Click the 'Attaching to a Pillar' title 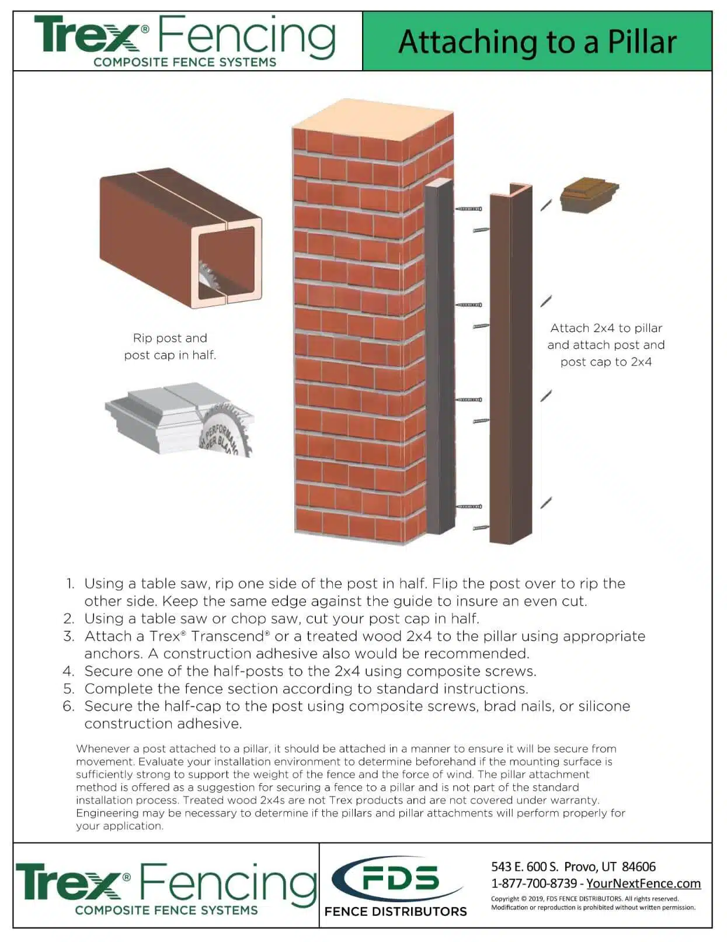pos(537,42)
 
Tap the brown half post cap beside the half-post pos(588,195)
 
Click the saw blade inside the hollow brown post pos(208,275)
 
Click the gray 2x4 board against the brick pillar pos(439,356)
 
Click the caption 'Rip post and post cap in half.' pos(170,346)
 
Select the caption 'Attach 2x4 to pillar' pos(606,328)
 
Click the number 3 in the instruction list pos(69,636)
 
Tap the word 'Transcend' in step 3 pos(229,636)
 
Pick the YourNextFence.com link pos(643,883)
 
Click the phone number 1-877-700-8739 pos(533,883)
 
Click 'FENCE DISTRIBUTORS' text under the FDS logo pos(395,911)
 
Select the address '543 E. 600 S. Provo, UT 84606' pos(573,866)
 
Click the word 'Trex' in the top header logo pos(86,35)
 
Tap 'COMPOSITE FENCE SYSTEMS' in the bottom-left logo pos(166,910)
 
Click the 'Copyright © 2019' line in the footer pos(584,899)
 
